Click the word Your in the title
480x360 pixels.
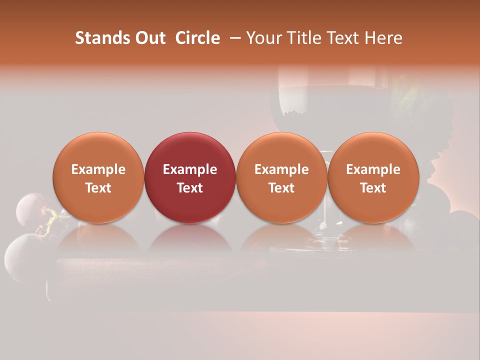[x=264, y=38]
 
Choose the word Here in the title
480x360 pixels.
[x=383, y=38]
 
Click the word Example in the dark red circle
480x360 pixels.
[x=190, y=169]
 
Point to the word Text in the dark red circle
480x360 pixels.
[x=190, y=188]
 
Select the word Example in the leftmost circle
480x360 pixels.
[x=98, y=169]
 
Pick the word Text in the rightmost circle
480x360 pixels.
[x=373, y=188]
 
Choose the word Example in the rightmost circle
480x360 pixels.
[x=373, y=169]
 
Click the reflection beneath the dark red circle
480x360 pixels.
[x=190, y=237]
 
